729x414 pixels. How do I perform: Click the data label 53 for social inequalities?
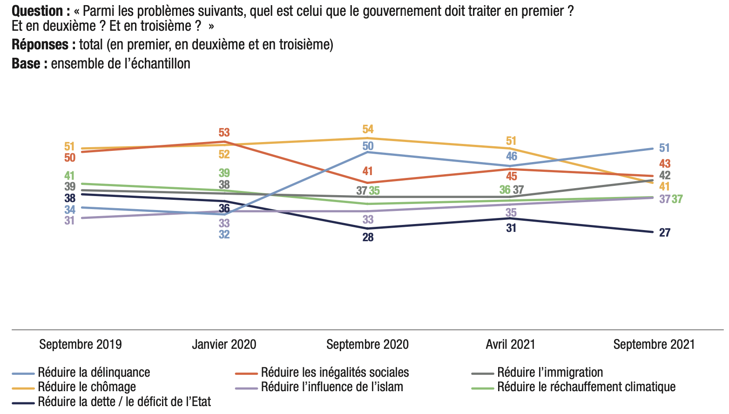coord(224,133)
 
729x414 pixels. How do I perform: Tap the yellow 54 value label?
coord(368,129)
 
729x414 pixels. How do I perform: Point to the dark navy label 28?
coord(368,238)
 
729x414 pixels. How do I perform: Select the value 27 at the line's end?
coord(665,232)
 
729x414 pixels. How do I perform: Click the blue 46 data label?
coord(511,156)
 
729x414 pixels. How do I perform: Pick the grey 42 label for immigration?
coord(665,176)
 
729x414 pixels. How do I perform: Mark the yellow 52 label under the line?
coord(224,154)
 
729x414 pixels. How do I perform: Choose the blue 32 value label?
coord(224,234)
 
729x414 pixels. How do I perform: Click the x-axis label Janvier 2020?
coord(224,345)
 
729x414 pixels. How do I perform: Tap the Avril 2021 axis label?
coord(510,345)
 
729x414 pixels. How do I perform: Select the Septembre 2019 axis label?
coord(81,345)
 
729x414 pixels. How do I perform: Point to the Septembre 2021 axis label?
coord(654,345)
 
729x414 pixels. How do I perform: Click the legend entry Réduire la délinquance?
coord(94,373)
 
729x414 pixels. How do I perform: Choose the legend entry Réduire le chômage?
coord(87,387)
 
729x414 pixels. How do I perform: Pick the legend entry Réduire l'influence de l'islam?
coord(331,387)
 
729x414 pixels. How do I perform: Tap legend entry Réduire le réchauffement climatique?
coord(586,387)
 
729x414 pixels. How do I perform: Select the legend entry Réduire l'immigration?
coord(550,373)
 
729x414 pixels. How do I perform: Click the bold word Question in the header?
coord(37,11)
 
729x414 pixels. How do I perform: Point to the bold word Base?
coord(26,63)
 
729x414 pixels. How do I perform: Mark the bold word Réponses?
coord(40,45)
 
